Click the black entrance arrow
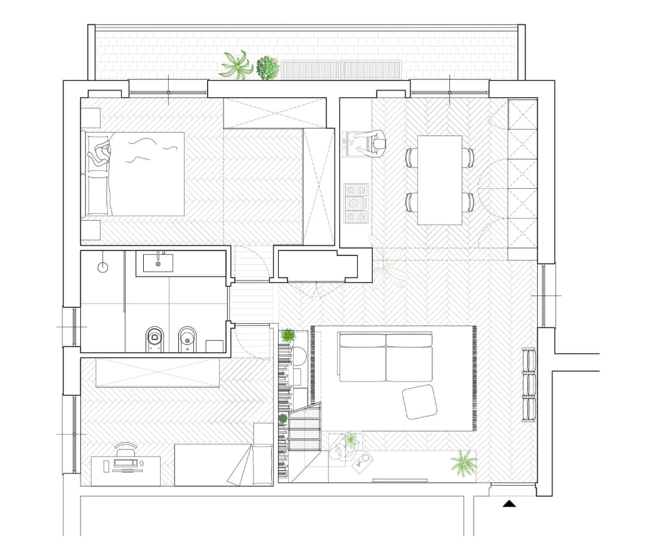509,503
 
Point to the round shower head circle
103,267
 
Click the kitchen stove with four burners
356,203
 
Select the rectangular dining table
439,179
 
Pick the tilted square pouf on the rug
420,402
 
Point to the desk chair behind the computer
126,447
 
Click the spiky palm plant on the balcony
237,65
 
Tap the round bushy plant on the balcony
267,67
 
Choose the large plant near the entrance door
463,463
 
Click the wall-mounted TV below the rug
400,481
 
